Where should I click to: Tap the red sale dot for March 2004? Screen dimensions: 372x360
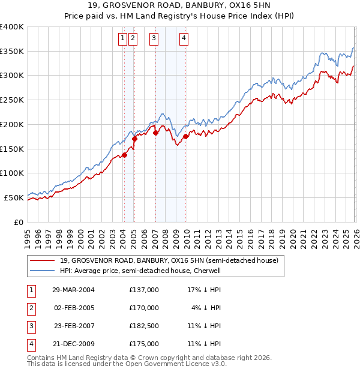(x=124, y=155)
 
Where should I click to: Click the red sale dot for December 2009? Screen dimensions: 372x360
(x=186, y=136)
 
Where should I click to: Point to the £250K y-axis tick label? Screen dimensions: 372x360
(x=12, y=100)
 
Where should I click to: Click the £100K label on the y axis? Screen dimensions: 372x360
(x=12, y=173)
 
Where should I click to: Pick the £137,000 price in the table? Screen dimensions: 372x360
(x=144, y=290)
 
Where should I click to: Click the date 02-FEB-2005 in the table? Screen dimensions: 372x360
(x=73, y=308)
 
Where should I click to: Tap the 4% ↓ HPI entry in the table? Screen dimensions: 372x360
(x=207, y=308)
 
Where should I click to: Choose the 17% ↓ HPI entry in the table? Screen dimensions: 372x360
(x=205, y=290)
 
